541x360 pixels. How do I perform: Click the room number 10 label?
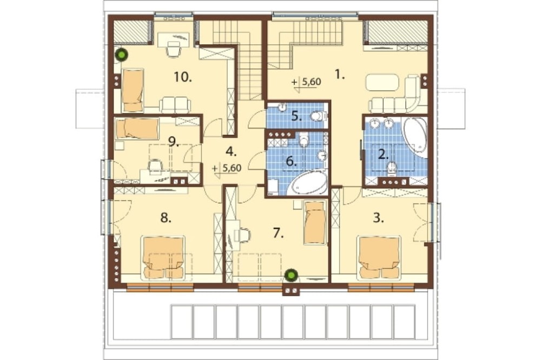point(183,77)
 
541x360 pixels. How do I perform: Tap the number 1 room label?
point(340,75)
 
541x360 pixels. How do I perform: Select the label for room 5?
point(296,116)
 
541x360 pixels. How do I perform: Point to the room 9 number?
point(174,141)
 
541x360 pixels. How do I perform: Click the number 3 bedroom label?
point(379,218)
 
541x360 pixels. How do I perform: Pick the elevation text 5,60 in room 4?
point(232,168)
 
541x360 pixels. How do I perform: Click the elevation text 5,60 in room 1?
point(312,82)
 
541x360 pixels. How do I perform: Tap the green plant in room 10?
point(121,55)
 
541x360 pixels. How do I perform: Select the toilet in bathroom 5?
point(318,116)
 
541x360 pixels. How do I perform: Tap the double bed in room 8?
point(163,257)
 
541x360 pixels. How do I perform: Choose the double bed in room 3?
point(380,257)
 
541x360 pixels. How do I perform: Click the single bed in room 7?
point(315,222)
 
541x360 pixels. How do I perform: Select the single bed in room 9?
point(137,129)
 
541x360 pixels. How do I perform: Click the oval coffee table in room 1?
point(382,83)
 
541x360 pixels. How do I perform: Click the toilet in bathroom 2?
point(392,167)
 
